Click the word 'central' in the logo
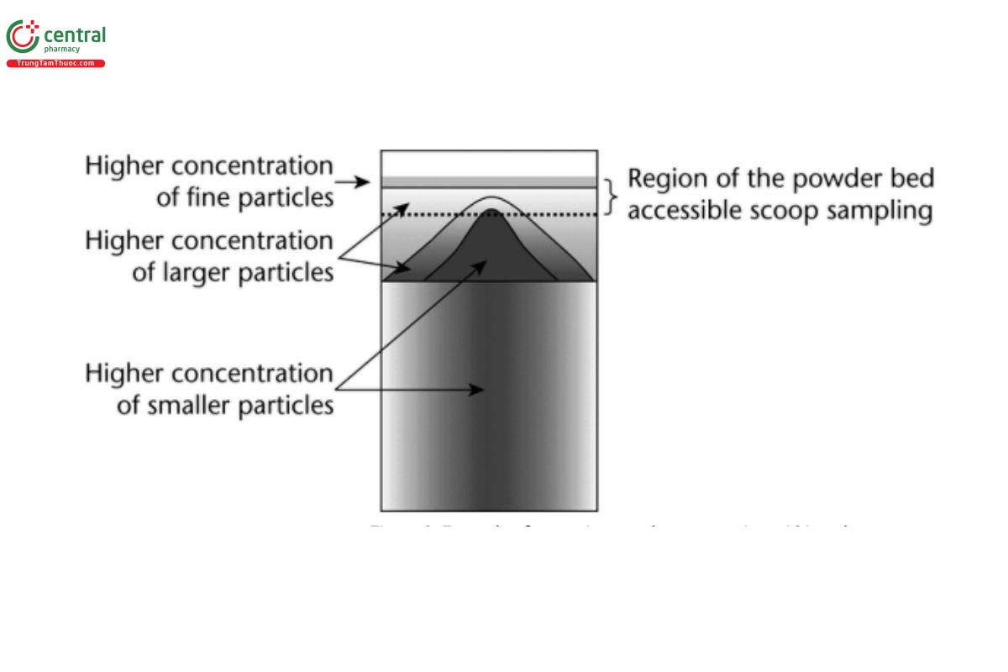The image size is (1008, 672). (x=75, y=34)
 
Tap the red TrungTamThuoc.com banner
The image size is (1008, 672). (x=55, y=64)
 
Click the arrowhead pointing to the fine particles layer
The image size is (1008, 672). (x=366, y=181)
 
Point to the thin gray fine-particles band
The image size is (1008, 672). (x=489, y=181)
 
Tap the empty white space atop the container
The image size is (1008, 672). (x=489, y=163)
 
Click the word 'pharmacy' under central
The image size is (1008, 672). (x=62, y=49)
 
